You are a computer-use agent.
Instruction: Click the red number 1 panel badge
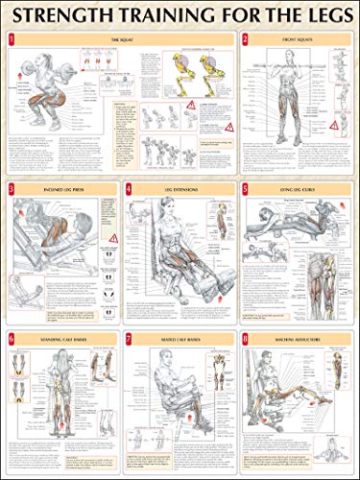pos(11,38)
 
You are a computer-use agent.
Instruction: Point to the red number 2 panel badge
pos(246,38)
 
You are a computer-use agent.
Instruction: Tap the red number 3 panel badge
pos(11,188)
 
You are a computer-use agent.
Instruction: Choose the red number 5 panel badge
pos(246,188)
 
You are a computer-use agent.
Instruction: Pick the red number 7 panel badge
pos(128,338)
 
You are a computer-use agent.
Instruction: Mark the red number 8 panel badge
pos(246,338)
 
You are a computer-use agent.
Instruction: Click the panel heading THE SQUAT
pos(121,39)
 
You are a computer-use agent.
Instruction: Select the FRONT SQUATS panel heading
pos(300,39)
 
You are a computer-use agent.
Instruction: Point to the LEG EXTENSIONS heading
pos(181,189)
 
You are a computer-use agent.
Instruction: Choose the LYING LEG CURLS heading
pos(300,189)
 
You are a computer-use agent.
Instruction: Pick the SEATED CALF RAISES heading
pos(181,339)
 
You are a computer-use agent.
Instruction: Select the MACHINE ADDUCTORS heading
pos(300,339)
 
